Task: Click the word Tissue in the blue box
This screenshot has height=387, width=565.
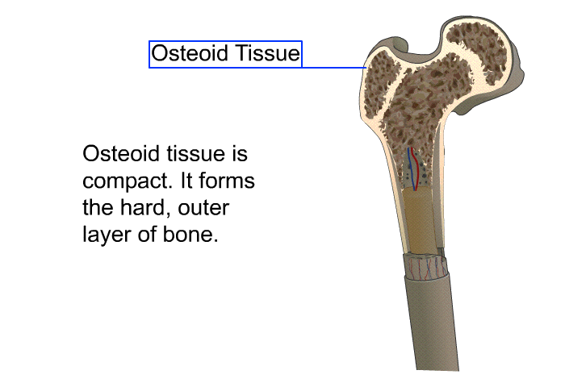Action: (x=268, y=53)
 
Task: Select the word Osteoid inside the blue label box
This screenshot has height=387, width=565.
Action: (x=190, y=53)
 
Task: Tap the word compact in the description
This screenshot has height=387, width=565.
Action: (x=125, y=181)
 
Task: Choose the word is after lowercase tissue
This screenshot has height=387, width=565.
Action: (x=239, y=153)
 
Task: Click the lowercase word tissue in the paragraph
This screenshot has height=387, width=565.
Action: (x=195, y=153)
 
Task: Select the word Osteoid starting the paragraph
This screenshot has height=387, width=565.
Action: (x=121, y=153)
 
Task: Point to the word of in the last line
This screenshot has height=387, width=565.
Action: (x=147, y=234)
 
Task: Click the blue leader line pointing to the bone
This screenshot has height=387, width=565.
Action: (x=334, y=67)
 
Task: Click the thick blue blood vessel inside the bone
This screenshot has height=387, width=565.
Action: (x=412, y=169)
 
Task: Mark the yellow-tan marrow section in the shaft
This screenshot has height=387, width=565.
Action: (x=419, y=222)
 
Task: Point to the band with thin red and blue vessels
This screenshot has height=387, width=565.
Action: (x=425, y=267)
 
